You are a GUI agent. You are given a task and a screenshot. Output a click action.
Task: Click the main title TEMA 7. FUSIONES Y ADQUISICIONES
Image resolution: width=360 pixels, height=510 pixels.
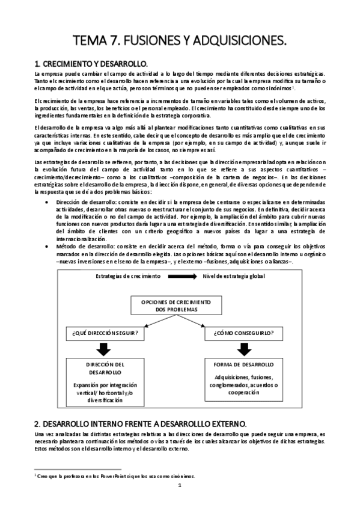coord(180,40)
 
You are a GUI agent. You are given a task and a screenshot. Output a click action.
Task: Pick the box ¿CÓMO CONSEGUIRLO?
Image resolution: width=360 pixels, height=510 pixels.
coord(244,332)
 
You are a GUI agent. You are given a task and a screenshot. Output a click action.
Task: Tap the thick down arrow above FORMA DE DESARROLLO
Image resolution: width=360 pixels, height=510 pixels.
coord(244,349)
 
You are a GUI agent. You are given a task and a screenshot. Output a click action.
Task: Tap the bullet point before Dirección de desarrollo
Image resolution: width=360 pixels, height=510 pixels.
coord(47,202)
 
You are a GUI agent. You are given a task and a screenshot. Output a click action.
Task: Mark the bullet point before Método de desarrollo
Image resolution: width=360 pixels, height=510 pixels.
coord(47,246)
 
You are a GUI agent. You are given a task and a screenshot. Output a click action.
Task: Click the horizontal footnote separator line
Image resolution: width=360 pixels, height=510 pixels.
coord(78,468)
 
